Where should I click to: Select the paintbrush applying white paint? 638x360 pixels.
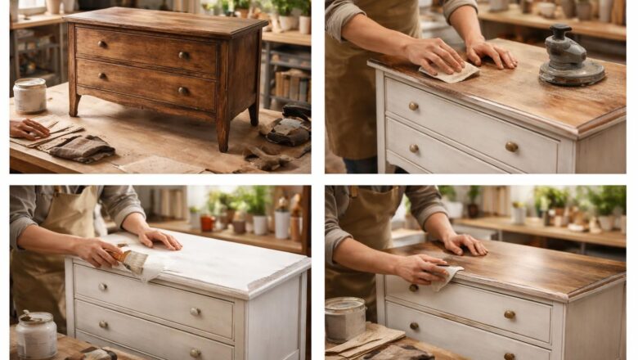(x=131, y=260)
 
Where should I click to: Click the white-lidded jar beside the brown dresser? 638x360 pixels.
(x=30, y=95)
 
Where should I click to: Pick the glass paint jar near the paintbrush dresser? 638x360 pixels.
(x=37, y=335)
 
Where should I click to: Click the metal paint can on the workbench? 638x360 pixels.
(x=344, y=317)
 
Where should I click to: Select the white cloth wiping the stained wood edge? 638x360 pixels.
(x=446, y=276)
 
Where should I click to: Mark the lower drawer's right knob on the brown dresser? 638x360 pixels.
(x=182, y=91)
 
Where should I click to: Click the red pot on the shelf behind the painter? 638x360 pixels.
(x=209, y=223)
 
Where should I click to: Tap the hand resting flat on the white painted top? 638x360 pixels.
(x=159, y=238)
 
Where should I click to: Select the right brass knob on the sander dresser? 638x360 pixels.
(x=511, y=146)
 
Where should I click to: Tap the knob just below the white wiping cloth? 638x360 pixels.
(x=414, y=288)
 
